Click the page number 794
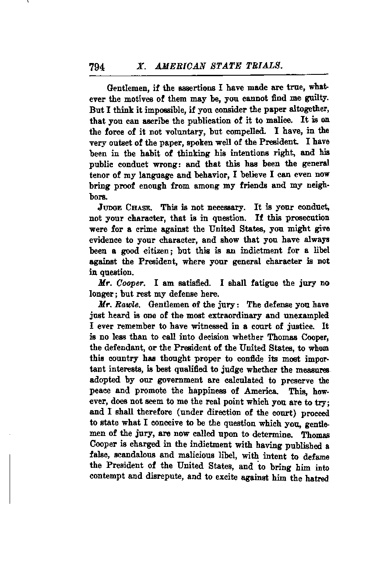97,67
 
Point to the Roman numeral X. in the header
141,67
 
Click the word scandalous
131,456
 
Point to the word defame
314,456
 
